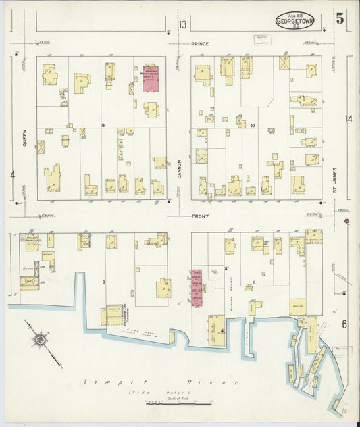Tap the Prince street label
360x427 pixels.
coord(199,43)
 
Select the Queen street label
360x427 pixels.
coord(22,129)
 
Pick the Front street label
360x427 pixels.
coord(200,216)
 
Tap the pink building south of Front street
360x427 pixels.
coord(197,287)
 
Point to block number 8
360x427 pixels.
coord(103,126)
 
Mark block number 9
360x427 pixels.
coord(103,282)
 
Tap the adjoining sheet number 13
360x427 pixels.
coord(182,25)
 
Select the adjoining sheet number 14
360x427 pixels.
coord(348,119)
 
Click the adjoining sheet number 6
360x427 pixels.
coord(344,324)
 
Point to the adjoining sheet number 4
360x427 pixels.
coord(13,174)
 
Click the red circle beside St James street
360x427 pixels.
coord(346,221)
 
